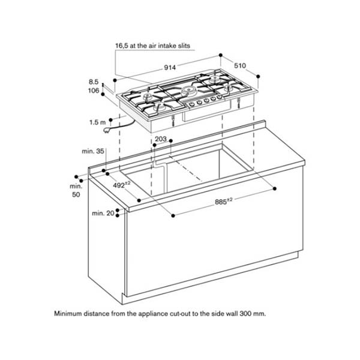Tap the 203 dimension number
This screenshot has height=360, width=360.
pyautogui.click(x=161, y=139)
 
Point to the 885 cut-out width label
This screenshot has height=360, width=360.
pyautogui.click(x=224, y=202)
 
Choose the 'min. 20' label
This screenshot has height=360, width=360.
pyautogui.click(x=102, y=213)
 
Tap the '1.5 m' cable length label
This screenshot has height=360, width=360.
pyautogui.click(x=98, y=122)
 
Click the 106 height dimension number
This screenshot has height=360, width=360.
pyautogui.click(x=93, y=91)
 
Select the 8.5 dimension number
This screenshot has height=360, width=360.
pyautogui.click(x=93, y=81)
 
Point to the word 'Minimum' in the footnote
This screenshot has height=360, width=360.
pyautogui.click(x=70, y=314)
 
